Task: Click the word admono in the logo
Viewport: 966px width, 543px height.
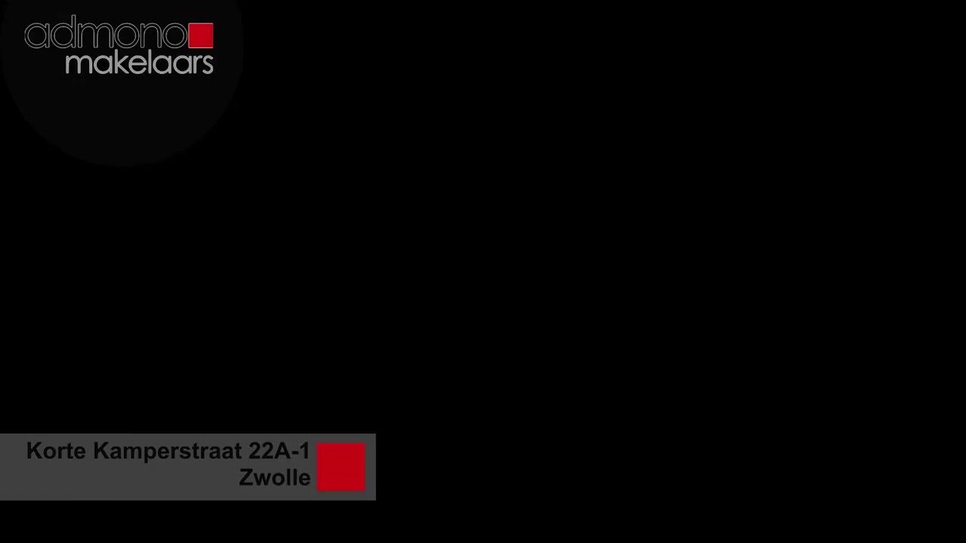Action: (x=106, y=35)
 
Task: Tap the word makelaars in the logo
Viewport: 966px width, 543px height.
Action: (x=140, y=63)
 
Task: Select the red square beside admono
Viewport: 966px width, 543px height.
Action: (x=201, y=35)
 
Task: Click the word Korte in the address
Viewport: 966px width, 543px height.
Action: (x=56, y=451)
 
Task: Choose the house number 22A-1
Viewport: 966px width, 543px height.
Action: (x=279, y=451)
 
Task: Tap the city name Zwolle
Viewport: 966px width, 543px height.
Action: (x=275, y=477)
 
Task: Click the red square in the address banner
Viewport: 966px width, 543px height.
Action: (x=341, y=467)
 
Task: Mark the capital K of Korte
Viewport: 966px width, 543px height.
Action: (x=33, y=451)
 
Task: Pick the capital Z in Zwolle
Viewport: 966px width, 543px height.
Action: (x=246, y=477)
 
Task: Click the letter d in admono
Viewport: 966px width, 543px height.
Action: (x=63, y=35)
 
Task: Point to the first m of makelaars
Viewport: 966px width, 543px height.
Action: (x=78, y=63)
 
